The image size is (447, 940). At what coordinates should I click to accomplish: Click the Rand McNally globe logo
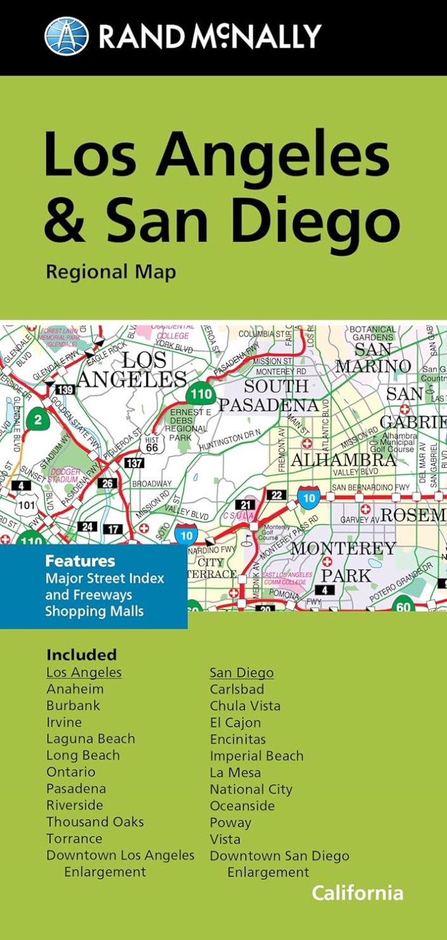[67, 36]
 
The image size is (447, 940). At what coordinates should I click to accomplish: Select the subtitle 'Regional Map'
[110, 272]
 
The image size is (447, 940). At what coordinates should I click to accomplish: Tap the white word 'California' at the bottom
[357, 893]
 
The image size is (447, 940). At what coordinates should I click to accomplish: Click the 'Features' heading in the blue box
[80, 561]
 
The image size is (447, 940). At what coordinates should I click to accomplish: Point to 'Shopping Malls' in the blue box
[94, 611]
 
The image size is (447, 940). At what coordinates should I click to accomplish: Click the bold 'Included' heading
[81, 655]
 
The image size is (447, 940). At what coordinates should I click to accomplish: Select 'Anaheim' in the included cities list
[75, 689]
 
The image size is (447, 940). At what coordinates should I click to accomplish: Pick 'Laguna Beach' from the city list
[91, 739]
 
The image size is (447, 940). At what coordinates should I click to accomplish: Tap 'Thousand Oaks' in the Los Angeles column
[95, 822]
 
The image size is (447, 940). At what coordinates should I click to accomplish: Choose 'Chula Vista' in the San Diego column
[245, 706]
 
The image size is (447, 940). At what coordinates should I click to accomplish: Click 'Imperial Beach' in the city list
[257, 756]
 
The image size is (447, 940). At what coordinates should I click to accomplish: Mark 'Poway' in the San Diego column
[231, 823]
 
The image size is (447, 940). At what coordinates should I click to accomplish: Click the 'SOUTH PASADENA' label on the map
[269, 395]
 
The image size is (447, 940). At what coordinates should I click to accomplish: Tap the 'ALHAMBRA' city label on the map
[343, 460]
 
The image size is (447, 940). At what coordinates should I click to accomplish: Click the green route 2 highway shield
[38, 419]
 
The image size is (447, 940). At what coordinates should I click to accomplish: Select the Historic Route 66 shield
[152, 443]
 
